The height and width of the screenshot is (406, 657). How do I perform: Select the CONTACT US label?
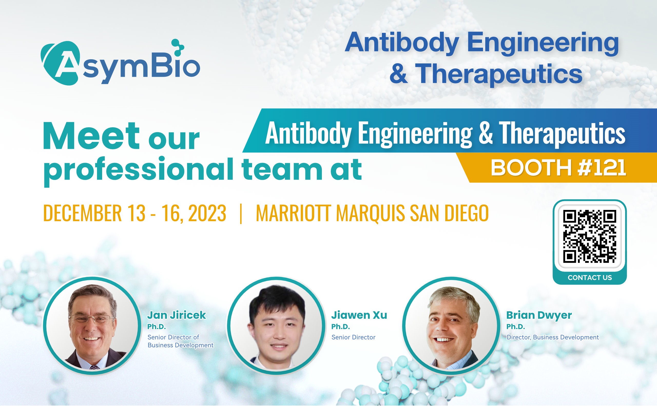click(590, 278)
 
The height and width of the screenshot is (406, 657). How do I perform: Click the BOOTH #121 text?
click(558, 168)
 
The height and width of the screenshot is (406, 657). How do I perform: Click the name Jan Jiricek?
click(176, 315)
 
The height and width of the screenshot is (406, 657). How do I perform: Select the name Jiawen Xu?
click(359, 315)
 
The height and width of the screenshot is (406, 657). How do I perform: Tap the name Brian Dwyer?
click(539, 315)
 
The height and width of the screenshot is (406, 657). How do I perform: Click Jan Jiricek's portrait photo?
click(92, 325)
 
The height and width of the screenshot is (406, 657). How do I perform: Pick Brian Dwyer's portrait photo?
click(451, 325)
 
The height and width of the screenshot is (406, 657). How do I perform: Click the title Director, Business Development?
click(553, 337)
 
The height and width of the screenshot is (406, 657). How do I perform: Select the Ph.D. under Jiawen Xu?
click(341, 326)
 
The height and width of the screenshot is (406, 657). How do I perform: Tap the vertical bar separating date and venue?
click(241, 214)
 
